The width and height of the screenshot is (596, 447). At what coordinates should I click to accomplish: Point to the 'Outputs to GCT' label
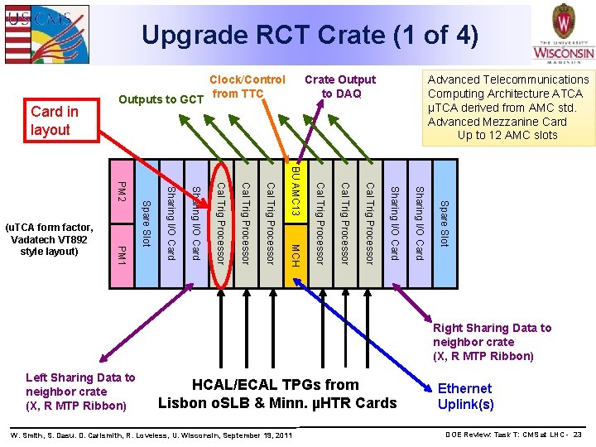161,100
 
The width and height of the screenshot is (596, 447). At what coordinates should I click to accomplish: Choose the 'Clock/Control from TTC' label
248,87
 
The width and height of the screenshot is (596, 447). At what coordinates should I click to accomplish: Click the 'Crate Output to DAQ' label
339,87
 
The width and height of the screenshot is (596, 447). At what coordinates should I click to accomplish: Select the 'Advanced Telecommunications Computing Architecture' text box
507,108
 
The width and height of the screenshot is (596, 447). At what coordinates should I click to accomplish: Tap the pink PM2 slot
122,192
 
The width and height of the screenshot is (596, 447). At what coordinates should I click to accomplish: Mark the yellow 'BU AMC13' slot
295,192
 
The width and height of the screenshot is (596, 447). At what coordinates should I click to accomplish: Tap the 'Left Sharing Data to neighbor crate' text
80,392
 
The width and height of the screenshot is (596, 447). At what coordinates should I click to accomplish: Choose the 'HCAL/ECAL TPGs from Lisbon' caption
277,394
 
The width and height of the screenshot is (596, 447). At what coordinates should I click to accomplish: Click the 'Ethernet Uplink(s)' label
465,397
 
